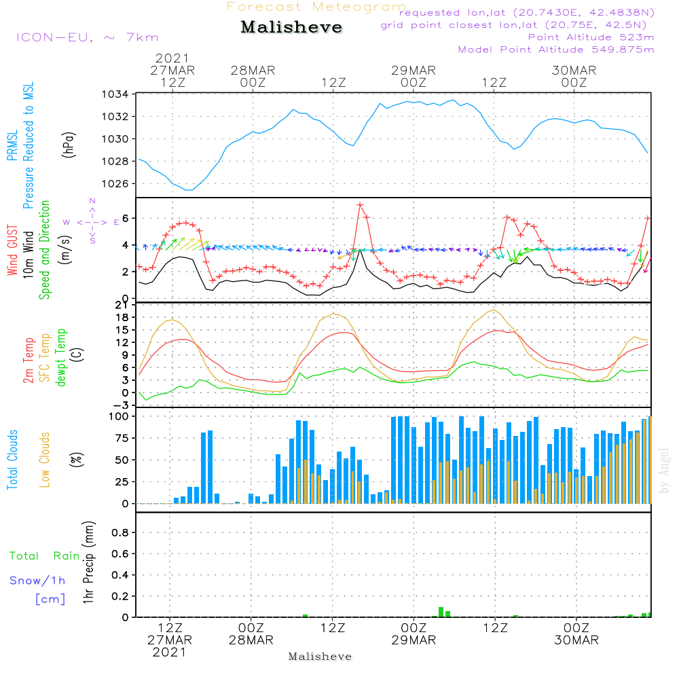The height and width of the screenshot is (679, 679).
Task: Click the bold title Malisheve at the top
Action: [x=291, y=28]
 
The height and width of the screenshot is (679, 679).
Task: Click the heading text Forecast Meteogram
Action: [x=316, y=7]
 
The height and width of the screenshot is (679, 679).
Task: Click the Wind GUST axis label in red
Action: [x=12, y=251]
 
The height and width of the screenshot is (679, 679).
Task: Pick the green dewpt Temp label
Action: [x=61, y=358]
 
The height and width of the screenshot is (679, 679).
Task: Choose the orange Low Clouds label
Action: [x=45, y=460]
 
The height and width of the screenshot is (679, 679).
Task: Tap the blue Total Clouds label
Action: [x=12, y=460]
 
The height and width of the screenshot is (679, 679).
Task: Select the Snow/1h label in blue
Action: [x=38, y=581]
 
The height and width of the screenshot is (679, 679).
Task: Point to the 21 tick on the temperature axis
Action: [x=123, y=304]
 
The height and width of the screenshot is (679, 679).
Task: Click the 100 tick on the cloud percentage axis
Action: [x=120, y=416]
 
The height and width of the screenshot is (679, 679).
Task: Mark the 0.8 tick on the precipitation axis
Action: [x=121, y=532]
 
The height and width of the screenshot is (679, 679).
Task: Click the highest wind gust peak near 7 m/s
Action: [x=360, y=204]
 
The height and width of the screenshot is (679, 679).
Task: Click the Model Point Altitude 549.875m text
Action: [x=556, y=50]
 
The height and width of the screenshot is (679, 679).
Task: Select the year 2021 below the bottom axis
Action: [x=169, y=653]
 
